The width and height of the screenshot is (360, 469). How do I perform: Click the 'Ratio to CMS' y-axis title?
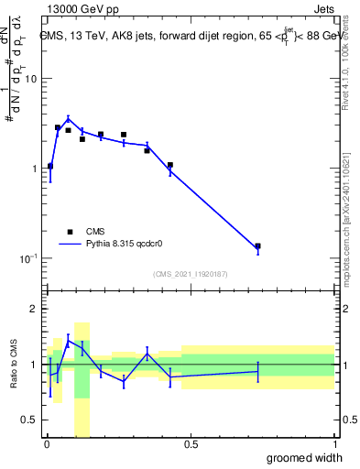(x=15, y=364)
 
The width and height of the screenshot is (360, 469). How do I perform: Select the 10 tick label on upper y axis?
(x=30, y=79)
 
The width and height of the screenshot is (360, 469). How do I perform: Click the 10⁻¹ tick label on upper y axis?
(x=27, y=257)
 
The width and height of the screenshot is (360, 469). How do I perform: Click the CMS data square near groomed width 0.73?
(x=257, y=246)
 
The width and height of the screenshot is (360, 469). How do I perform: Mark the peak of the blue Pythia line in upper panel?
(x=68, y=118)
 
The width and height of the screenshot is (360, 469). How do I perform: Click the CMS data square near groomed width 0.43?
(x=170, y=165)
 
